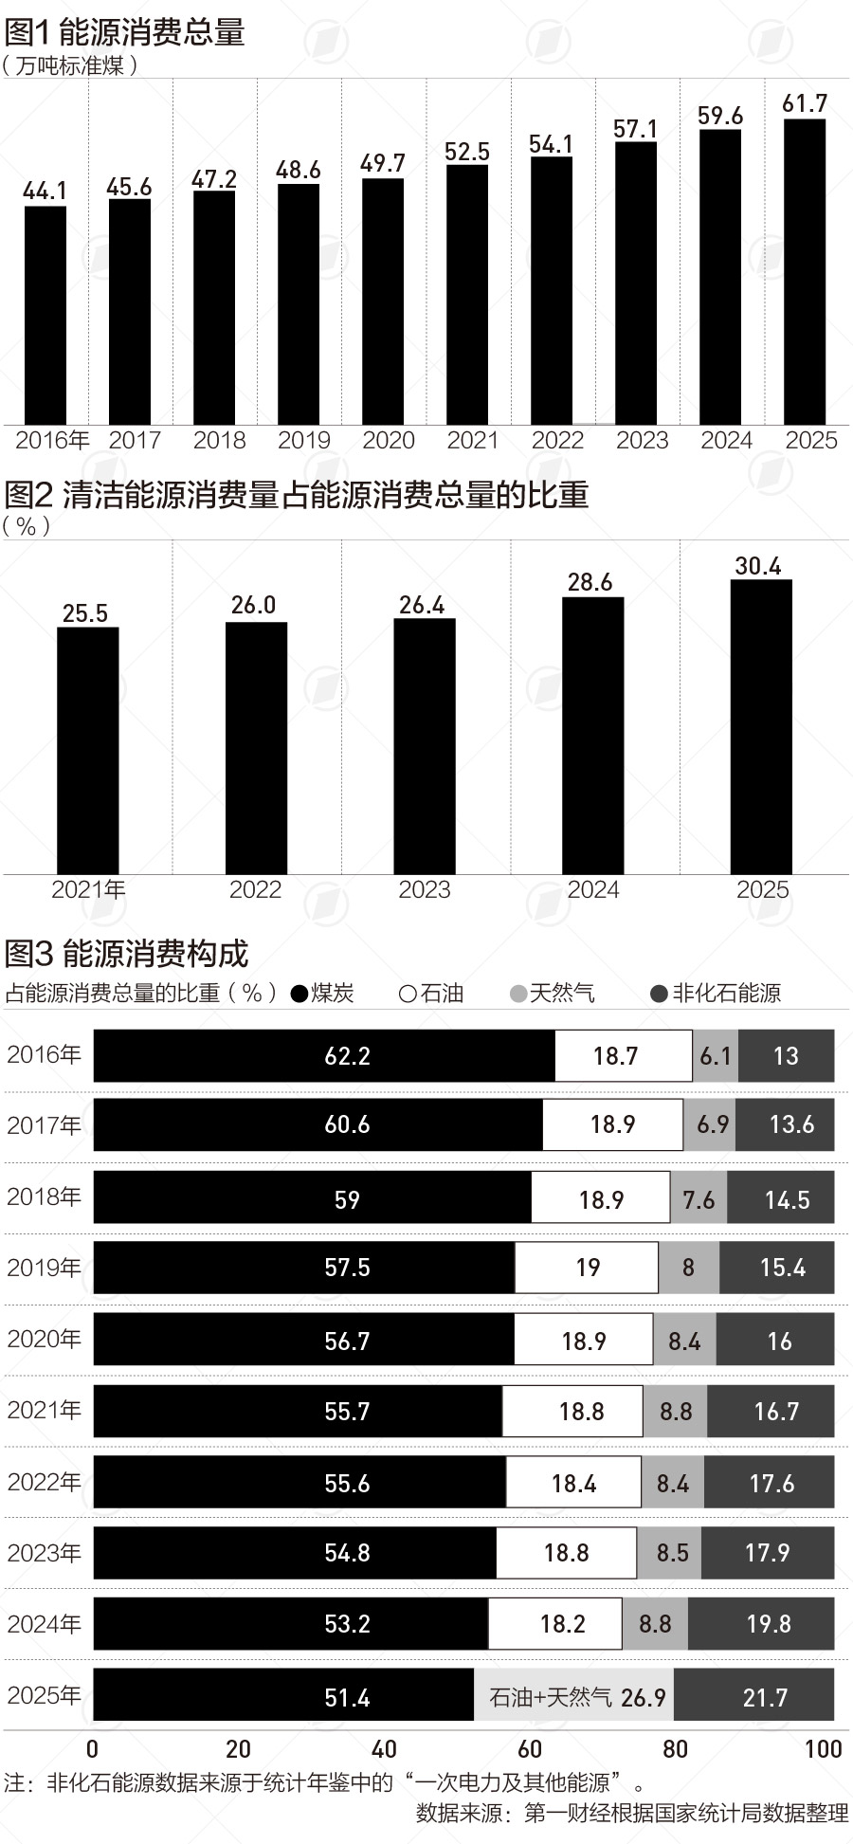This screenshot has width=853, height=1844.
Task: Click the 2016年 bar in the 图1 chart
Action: click(x=45, y=315)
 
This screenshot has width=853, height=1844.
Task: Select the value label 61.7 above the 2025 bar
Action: click(x=805, y=103)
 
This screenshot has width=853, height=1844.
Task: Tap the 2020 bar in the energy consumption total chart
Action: click(x=383, y=301)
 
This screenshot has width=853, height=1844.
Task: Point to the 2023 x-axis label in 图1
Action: click(x=642, y=441)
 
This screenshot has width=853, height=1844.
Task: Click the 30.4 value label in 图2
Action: click(x=758, y=566)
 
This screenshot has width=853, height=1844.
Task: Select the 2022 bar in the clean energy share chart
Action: click(x=256, y=748)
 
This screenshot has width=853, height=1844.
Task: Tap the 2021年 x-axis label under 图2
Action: click(x=88, y=889)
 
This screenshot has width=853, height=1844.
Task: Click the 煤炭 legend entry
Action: click(x=323, y=993)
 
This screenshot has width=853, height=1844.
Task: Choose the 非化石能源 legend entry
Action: click(x=717, y=993)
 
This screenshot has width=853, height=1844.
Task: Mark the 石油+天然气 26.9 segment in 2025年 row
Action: click(x=574, y=1697)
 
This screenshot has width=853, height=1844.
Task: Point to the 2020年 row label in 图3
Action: click(x=44, y=1339)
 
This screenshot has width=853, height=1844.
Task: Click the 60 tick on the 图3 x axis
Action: click(x=530, y=1749)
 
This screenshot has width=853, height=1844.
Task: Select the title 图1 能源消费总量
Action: click(x=125, y=32)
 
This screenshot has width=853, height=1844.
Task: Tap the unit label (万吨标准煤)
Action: click(x=71, y=65)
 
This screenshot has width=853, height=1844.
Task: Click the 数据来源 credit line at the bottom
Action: click(x=631, y=1813)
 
